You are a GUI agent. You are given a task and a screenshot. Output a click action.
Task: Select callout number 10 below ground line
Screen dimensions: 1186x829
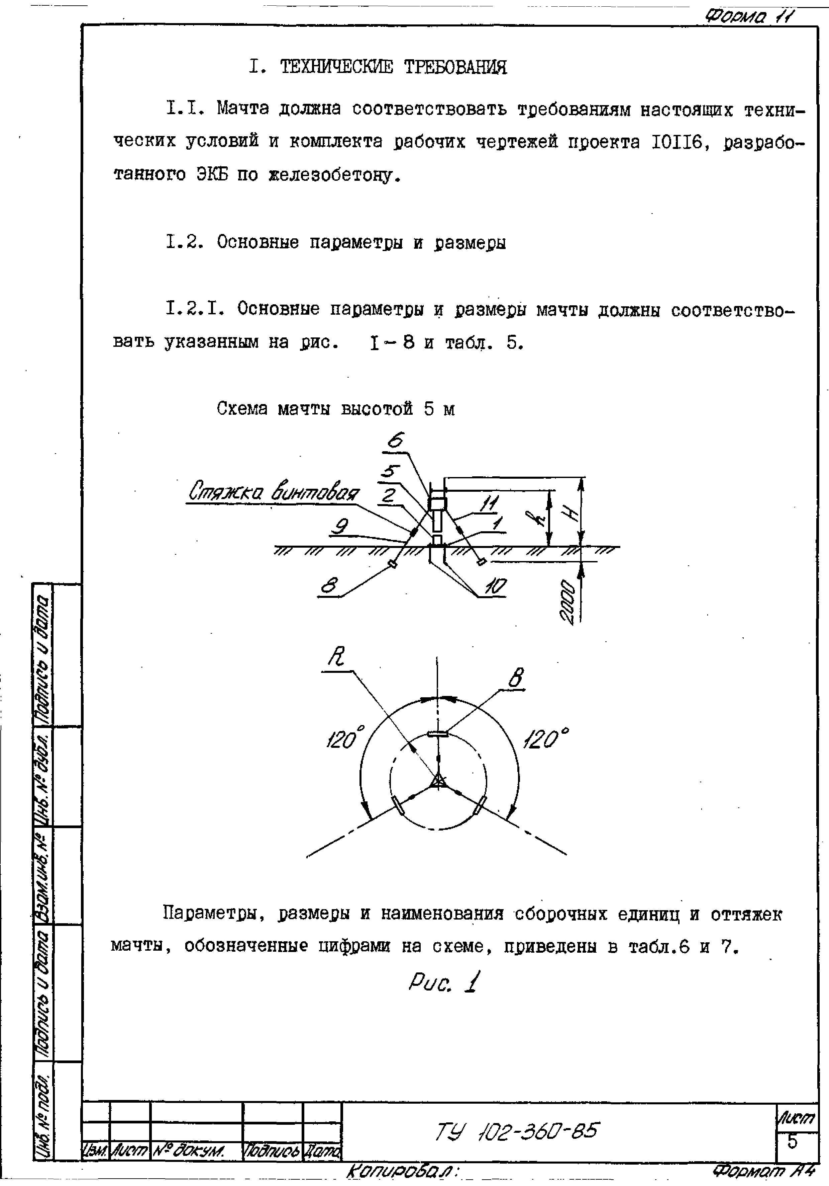[x=496, y=587]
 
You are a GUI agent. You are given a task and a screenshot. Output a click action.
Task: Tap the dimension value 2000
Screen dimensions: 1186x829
[x=568, y=602]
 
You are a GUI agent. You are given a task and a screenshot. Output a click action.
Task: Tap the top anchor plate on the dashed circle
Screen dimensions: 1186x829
[x=438, y=733]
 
